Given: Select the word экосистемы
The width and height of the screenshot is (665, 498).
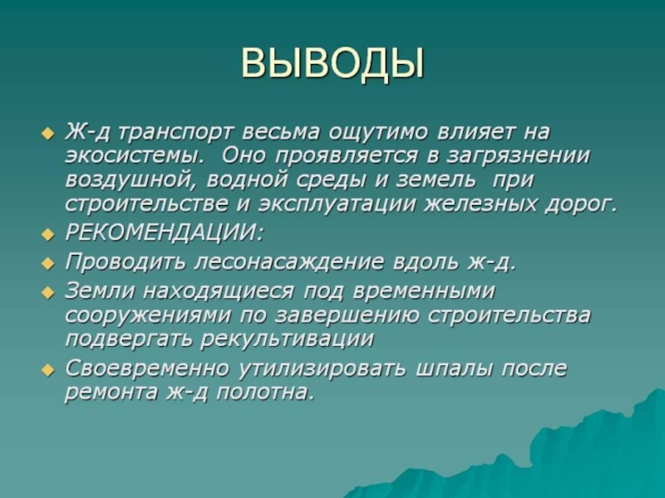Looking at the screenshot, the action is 135,156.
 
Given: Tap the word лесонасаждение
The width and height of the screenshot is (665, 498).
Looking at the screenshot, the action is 288,262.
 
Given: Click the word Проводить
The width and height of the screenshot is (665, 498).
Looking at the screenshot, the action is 126,262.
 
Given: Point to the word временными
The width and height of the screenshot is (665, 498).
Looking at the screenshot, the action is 423,292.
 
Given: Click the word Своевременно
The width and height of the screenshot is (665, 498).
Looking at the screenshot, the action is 147,369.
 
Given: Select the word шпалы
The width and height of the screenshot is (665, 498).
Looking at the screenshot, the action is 454,369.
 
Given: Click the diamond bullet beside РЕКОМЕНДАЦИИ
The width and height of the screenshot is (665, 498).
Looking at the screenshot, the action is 48,234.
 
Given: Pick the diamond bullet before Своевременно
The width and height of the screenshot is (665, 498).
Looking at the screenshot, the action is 48,369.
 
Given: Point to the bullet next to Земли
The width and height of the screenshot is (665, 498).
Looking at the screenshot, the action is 48,292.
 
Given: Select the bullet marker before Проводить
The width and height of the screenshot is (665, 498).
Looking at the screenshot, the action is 48,263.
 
